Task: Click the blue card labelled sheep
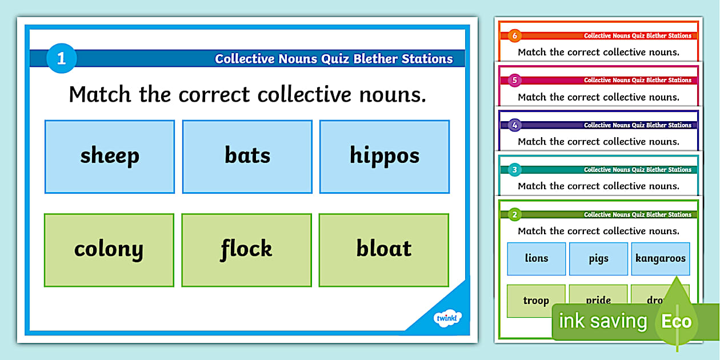pos(110,156)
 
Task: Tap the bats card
pos(247,156)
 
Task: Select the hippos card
pos(385,156)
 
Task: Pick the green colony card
pos(109,250)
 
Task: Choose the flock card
pos(246,250)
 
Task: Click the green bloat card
pos(384,250)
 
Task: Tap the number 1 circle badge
pos(61,58)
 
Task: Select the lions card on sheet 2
pos(536,258)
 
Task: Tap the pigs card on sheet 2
pos(598,258)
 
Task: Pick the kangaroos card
pos(660,258)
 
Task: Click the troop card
pos(536,301)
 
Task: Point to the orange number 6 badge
pos(514,36)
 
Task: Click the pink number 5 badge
pos(514,81)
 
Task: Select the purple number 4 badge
pos(514,125)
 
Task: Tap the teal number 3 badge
pos(514,170)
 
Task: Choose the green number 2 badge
pos(514,215)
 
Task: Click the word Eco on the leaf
pos(677,321)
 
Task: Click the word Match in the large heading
pos(101,94)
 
